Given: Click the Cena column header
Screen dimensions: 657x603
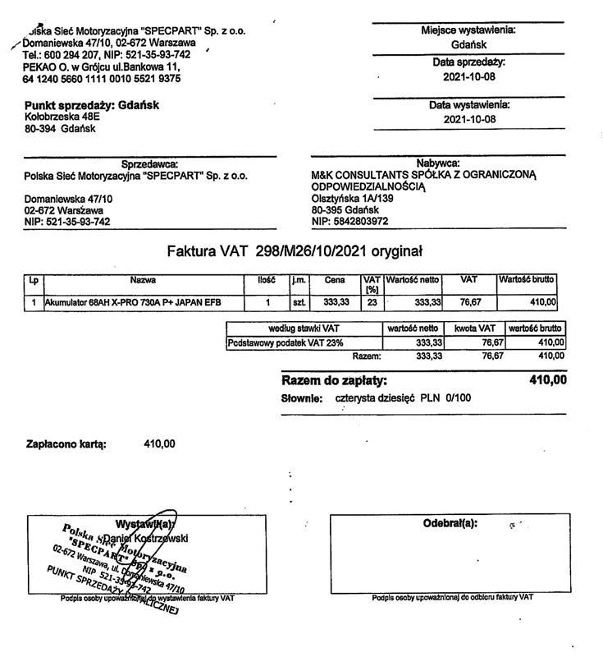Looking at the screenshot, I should coord(335,280).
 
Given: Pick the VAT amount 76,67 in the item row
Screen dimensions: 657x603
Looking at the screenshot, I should coord(470,303).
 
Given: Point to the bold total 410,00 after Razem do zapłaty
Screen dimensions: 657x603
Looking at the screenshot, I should coord(548,380).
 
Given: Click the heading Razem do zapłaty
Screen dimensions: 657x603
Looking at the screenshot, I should coord(334,381).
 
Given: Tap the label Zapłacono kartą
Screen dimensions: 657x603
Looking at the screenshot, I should coord(66,444).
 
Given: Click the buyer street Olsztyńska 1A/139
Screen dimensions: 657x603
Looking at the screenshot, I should coord(353,198).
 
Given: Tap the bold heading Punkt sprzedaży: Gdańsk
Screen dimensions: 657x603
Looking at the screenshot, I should coord(92,105).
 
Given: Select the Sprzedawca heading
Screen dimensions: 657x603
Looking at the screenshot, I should coord(149,163).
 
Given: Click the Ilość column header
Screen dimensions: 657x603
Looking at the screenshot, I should coord(266,280).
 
